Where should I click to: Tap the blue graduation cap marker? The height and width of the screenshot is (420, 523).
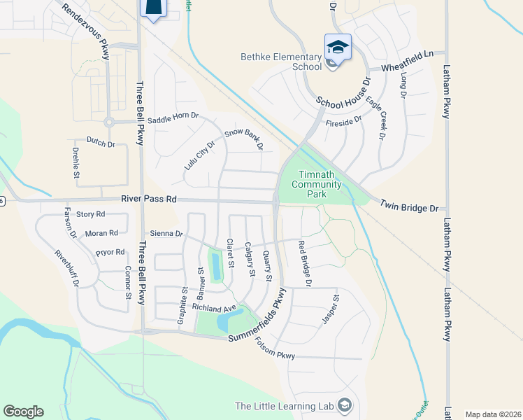coord(338,47)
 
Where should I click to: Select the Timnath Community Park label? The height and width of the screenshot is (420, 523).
coord(320,184)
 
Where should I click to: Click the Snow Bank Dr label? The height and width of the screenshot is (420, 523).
coord(244,139)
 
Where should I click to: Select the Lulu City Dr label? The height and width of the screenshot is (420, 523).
coord(200,154)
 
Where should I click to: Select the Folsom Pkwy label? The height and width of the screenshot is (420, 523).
coord(275,349)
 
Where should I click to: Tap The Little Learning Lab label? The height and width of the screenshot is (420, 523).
coord(284,406)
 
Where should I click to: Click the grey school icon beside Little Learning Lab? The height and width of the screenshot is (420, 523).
coord(343,405)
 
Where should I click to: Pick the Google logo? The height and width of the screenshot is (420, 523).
coord(23,412)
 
